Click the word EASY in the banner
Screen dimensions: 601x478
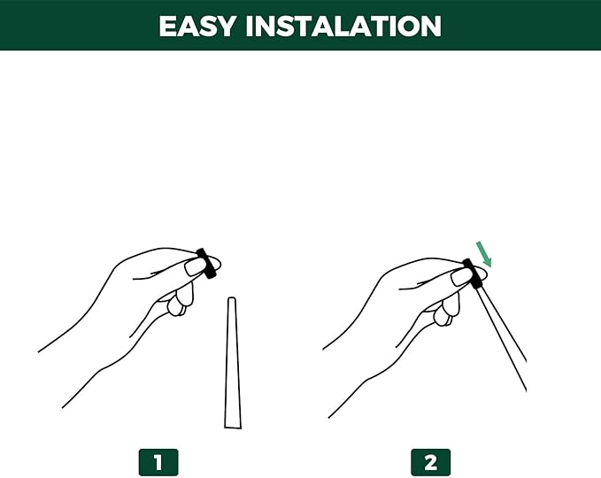[196, 26]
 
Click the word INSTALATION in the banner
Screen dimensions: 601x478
[343, 26]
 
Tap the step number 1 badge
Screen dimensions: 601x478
[158, 462]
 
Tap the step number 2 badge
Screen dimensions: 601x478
[430, 462]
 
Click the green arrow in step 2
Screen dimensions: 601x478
[483, 254]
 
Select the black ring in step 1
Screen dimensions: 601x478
[206, 263]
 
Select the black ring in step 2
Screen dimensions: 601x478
[473, 274]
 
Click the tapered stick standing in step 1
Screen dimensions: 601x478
[232, 363]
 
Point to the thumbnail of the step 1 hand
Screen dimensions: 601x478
[195, 267]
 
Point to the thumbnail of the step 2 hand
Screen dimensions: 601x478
[461, 276]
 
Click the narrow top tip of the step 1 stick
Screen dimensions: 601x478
[231, 297]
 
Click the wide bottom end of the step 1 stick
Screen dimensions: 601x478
[233, 427]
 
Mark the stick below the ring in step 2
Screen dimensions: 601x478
[502, 339]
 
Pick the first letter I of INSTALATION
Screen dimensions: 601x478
[250, 27]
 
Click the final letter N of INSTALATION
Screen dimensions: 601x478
[431, 27]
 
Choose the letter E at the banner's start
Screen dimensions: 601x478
[167, 27]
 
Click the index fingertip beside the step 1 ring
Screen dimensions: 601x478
[215, 263]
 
